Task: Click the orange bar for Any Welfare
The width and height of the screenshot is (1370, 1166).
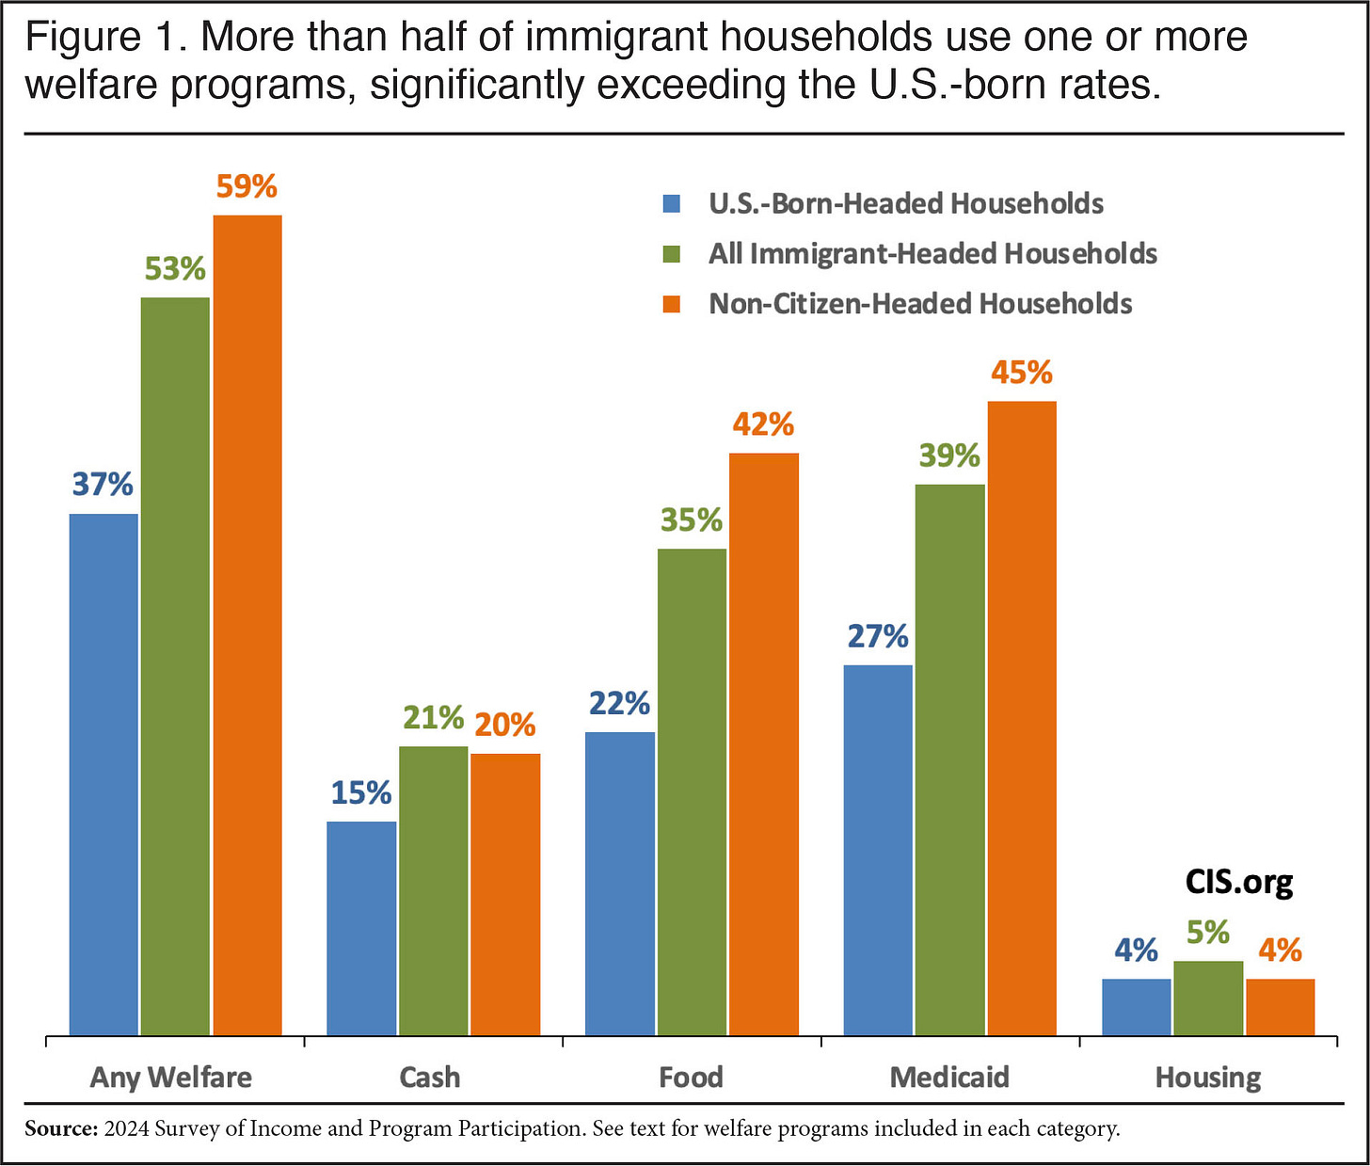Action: tap(247, 626)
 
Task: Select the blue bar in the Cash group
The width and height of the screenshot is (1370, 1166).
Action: tap(361, 928)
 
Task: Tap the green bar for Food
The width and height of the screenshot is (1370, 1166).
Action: tap(692, 791)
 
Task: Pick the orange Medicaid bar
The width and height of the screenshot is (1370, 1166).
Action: tap(1022, 718)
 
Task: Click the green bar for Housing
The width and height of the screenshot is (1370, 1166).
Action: tap(1208, 998)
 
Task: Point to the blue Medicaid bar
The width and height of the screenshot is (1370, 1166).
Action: tap(878, 850)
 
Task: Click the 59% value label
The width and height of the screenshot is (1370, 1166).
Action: tap(247, 186)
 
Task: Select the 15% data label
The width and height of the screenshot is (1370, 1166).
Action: tap(361, 792)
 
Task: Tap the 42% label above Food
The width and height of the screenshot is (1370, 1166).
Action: tap(763, 424)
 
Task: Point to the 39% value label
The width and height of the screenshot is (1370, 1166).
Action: tap(949, 455)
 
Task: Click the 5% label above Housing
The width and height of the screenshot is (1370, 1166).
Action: tap(1208, 933)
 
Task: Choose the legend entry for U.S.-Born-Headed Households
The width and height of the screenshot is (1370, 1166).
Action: tap(905, 203)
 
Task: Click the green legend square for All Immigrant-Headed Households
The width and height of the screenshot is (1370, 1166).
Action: tap(672, 254)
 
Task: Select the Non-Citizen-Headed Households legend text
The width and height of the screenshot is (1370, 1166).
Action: tap(920, 304)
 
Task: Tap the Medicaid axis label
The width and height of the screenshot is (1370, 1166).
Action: tap(949, 1077)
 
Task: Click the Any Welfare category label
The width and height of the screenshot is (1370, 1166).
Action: tap(171, 1077)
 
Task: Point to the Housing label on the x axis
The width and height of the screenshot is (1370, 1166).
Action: tap(1208, 1077)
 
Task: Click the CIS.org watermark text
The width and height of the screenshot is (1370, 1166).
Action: tap(1239, 882)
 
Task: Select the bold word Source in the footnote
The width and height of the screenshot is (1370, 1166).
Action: tap(61, 1128)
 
